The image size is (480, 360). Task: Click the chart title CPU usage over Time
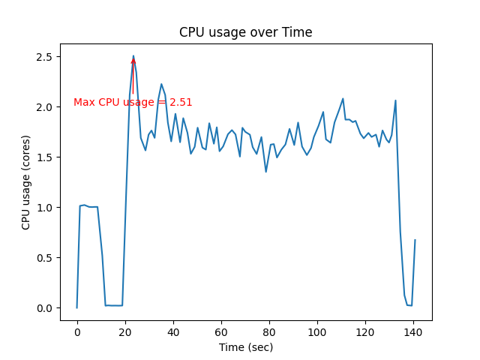245,32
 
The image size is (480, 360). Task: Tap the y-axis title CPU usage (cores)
26,182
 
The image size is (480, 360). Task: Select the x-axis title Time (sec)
245,347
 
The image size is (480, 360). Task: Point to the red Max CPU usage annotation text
133,103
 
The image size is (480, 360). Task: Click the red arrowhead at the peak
133,60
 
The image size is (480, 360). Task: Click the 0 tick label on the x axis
77,331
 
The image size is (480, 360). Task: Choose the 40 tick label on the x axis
173,331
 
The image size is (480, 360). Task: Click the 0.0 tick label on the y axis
45,308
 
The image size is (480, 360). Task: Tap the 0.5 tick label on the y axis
45,258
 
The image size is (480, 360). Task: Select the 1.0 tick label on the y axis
45,208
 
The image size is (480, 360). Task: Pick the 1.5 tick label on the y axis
45,157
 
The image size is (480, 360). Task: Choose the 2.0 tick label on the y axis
45,107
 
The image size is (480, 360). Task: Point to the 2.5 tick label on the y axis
45,57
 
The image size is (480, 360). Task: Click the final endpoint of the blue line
415,240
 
